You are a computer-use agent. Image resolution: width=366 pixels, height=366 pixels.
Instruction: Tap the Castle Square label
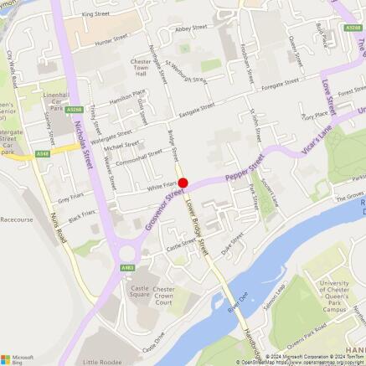[x=139, y=291]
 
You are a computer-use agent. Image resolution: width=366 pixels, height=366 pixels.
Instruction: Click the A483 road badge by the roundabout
[x=127, y=267]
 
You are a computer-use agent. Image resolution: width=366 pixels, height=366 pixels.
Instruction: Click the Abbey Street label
[x=191, y=28]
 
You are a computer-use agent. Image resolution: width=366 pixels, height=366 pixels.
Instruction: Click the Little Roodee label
[x=102, y=361]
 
